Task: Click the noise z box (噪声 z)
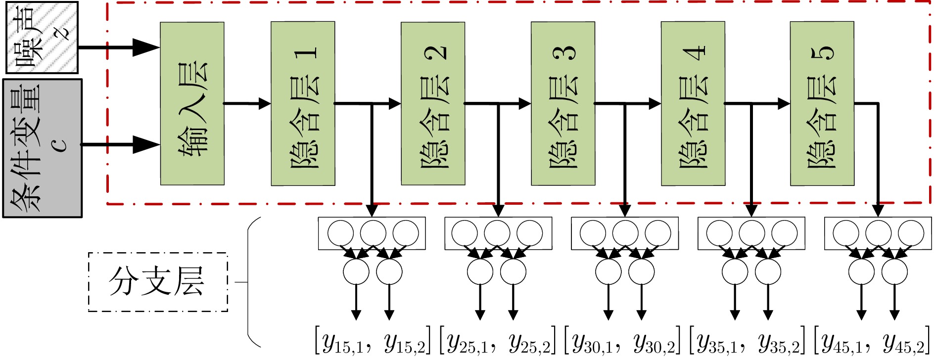(x=42, y=38)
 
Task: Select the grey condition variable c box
(x=43, y=148)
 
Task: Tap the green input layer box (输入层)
(x=192, y=103)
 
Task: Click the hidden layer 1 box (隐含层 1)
(x=303, y=103)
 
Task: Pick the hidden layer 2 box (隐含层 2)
(x=433, y=103)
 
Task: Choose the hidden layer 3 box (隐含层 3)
(x=563, y=103)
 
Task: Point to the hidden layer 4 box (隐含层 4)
(x=693, y=103)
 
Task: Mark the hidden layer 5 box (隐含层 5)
(x=822, y=103)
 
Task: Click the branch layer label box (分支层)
(x=158, y=282)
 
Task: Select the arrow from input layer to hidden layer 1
(x=247, y=103)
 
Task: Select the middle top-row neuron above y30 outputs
(x=625, y=233)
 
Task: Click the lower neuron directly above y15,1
(x=356, y=271)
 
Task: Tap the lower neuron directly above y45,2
(x=894, y=271)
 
